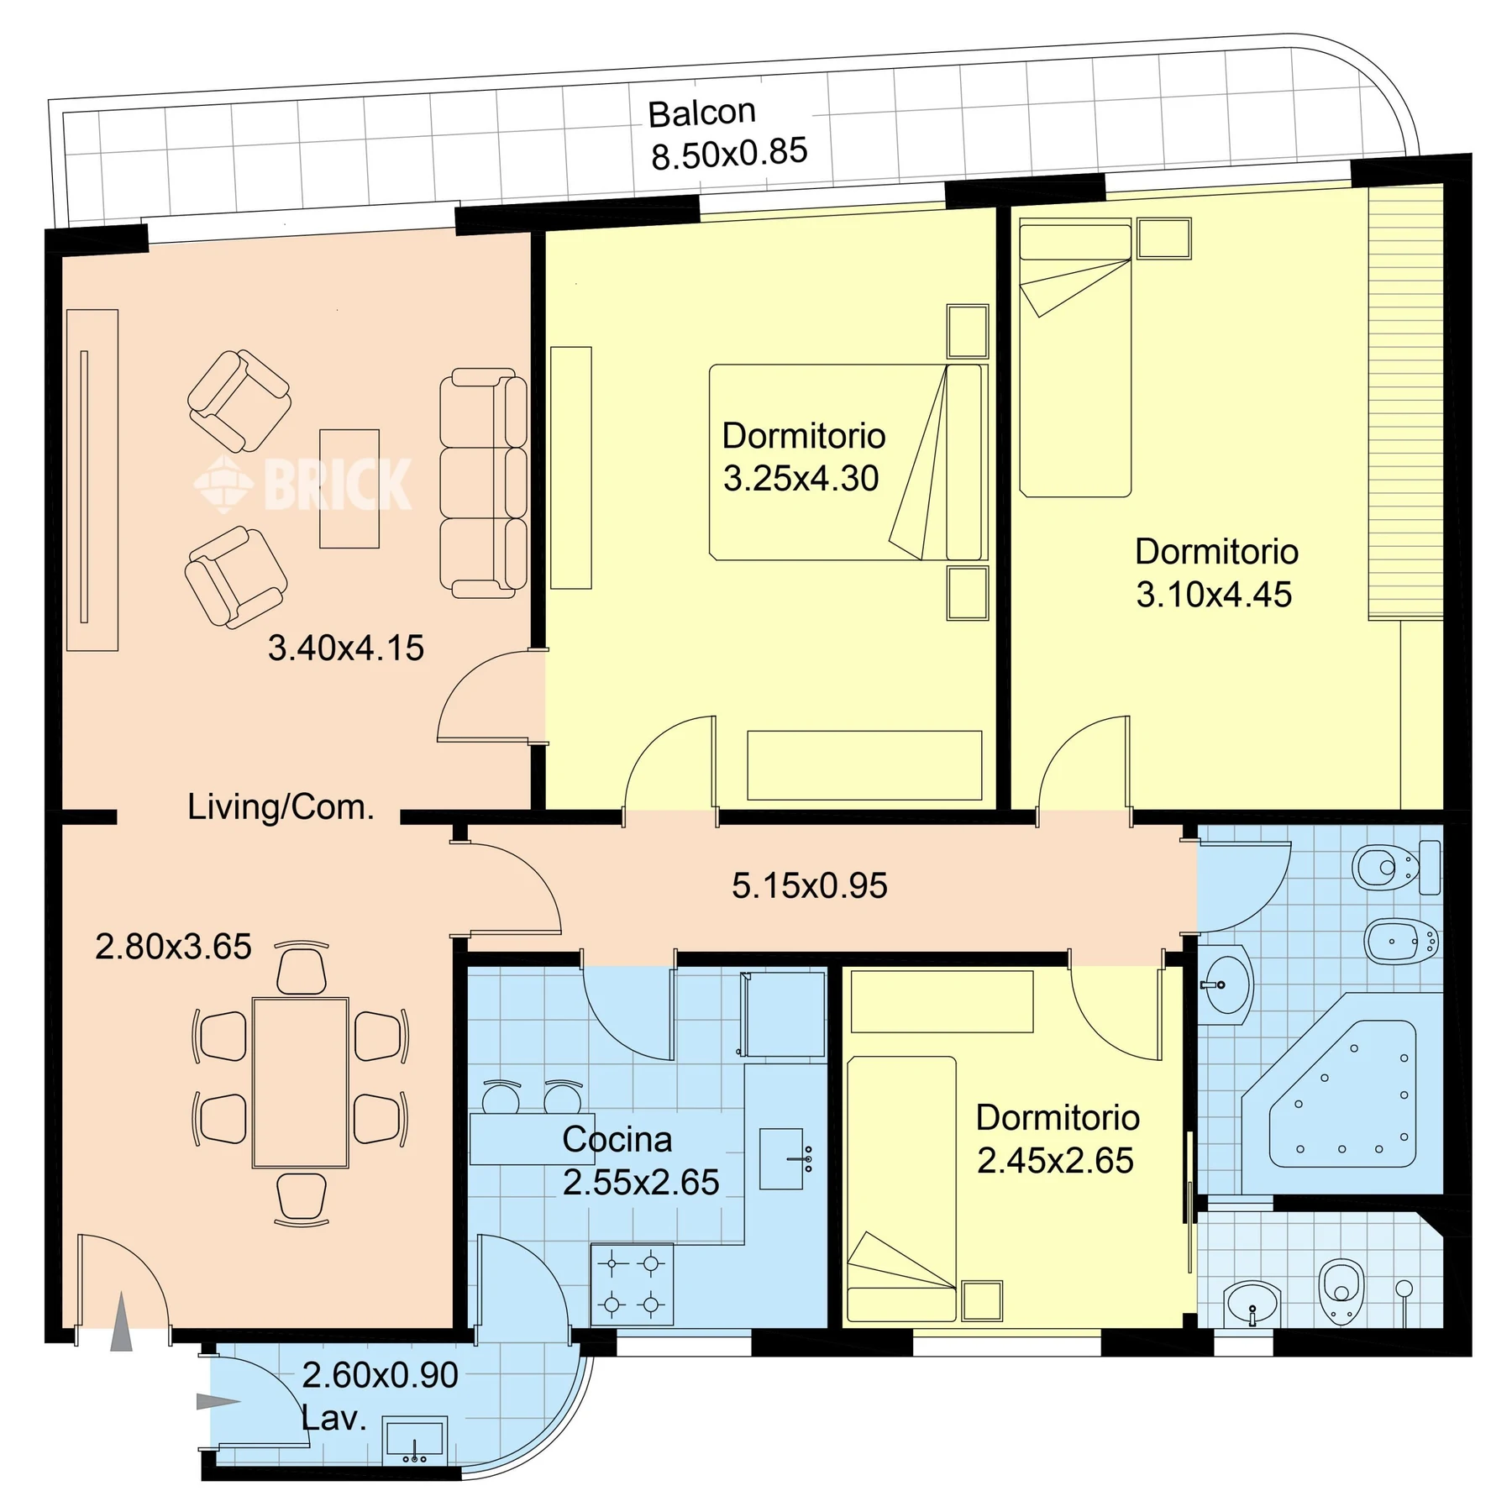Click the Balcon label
pos(701,113)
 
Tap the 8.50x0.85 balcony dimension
pos(729,154)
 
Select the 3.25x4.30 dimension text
pos(801,479)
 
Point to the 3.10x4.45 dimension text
pos(1214,595)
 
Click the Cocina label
pos(617,1140)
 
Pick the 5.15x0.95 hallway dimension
pos(810,886)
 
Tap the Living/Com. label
pos(281,807)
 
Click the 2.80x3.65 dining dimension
pos(173,947)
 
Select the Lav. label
pos(333,1419)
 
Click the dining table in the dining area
pos(301,1083)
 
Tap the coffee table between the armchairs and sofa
pos(349,489)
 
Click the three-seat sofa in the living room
pos(483,483)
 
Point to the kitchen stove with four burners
pos(632,1284)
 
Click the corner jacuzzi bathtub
pos(1342,1093)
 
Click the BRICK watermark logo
pos(302,484)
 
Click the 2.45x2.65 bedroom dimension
pos(1055,1161)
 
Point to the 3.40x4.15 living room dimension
pos(346,648)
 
